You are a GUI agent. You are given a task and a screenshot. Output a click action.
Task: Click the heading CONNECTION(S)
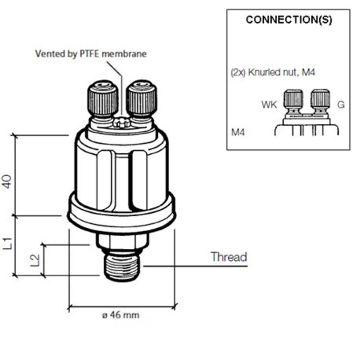[x=289, y=20]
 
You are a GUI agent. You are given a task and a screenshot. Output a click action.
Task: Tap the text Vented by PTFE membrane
[x=91, y=54]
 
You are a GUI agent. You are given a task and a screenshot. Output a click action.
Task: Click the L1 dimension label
[x=8, y=244]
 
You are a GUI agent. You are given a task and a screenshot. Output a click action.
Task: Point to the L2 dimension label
[x=34, y=260]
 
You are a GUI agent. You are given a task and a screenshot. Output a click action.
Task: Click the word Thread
[x=229, y=257]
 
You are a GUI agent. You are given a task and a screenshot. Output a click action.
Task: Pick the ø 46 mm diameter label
[x=121, y=315]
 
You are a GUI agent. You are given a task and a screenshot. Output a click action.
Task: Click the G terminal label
[x=341, y=105]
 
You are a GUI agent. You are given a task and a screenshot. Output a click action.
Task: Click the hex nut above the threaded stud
[x=120, y=243]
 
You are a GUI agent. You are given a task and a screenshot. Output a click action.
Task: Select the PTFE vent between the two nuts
[x=122, y=122]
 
